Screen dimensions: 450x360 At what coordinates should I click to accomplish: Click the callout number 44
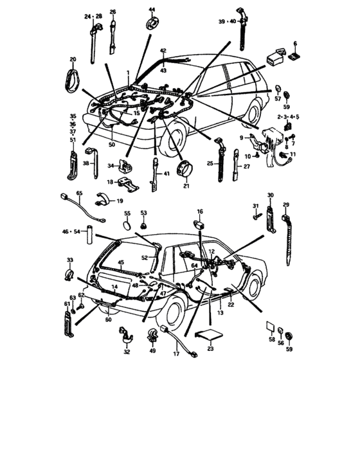pos(152,10)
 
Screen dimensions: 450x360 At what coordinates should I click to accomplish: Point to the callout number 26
pos(113,12)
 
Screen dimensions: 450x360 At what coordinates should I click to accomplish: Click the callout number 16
pos(200,212)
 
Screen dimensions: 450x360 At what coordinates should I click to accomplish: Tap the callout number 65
pos(79,193)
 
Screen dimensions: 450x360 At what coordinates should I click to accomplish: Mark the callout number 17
pos(175,354)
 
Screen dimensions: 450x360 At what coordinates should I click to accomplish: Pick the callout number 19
pos(120,201)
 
